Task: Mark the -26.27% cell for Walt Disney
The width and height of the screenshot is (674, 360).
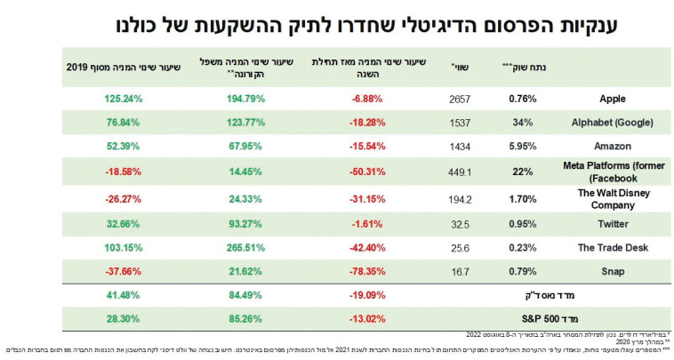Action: pos(100,199)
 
